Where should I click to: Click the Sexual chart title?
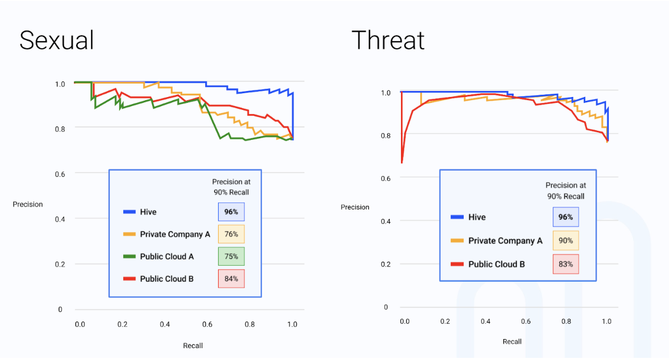pyautogui.click(x=57, y=41)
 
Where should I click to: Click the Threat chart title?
pyautogui.click(x=388, y=41)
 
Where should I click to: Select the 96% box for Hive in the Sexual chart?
pyautogui.click(x=231, y=212)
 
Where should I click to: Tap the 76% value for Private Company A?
pyautogui.click(x=231, y=234)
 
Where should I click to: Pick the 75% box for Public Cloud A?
pyautogui.click(x=231, y=256)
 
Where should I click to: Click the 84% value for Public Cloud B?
pyautogui.click(x=231, y=279)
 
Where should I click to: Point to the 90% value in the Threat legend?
pyautogui.click(x=566, y=241)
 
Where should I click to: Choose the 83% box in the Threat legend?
pyautogui.click(x=566, y=264)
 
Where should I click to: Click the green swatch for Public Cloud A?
pyautogui.click(x=129, y=257)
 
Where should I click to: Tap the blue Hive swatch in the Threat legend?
pyautogui.click(x=457, y=217)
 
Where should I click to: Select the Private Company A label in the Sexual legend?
pyautogui.click(x=175, y=234)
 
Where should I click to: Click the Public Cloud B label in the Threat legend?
pyautogui.click(x=496, y=264)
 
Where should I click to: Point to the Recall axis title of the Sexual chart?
pyautogui.click(x=193, y=346)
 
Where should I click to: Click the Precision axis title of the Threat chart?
pyautogui.click(x=355, y=207)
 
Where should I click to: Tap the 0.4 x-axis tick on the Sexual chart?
pyautogui.click(x=165, y=325)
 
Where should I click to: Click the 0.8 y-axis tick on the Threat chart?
pyautogui.click(x=385, y=136)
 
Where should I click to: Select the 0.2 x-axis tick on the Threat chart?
pyautogui.click(x=445, y=321)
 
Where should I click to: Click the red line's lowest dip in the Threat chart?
pyautogui.click(x=401, y=162)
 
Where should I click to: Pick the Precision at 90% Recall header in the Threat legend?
pyautogui.click(x=565, y=191)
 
